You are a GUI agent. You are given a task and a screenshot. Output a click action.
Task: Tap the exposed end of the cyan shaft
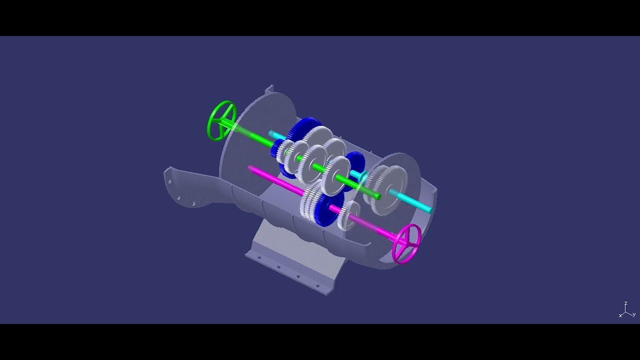click(x=429, y=210)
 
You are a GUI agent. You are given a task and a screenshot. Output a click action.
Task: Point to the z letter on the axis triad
click(x=625, y=303)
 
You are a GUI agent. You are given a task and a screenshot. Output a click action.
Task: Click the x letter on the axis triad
click(x=620, y=315)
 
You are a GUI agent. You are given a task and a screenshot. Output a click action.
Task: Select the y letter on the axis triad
click(x=634, y=314)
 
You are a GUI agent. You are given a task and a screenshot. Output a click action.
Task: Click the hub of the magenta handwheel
click(x=406, y=242)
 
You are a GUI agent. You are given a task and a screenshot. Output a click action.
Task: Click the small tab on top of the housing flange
click(x=269, y=88)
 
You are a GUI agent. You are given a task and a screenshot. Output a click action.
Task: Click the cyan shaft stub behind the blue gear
click(x=276, y=135)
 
